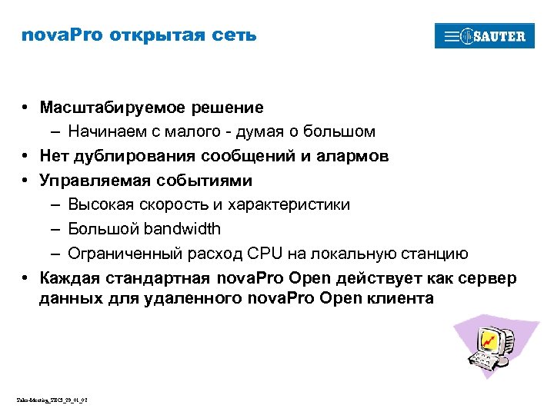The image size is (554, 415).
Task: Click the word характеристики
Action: (295, 204)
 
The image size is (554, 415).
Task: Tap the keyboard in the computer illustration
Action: (483, 359)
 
